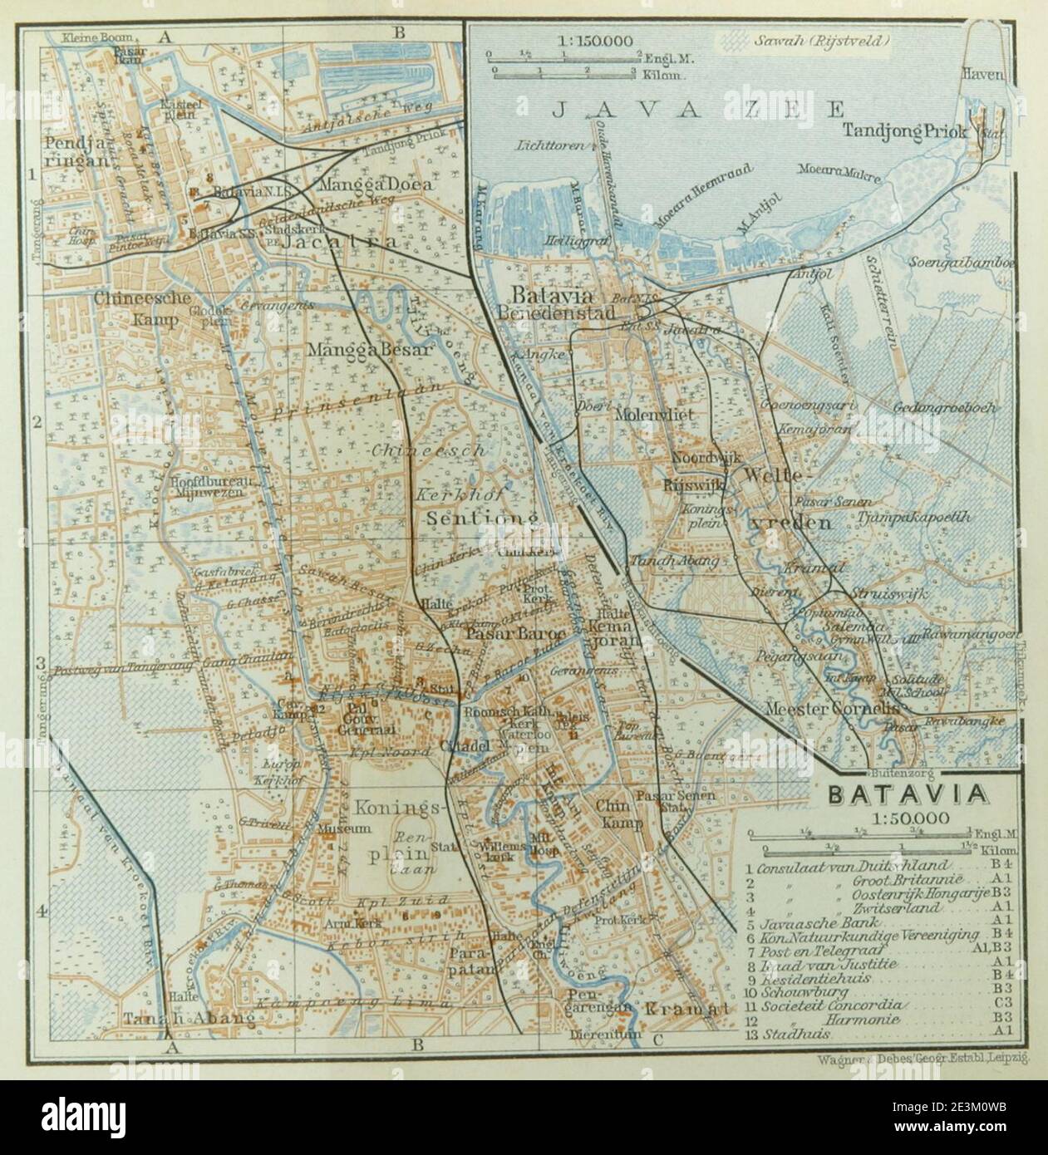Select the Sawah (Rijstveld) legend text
coord(821,40)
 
